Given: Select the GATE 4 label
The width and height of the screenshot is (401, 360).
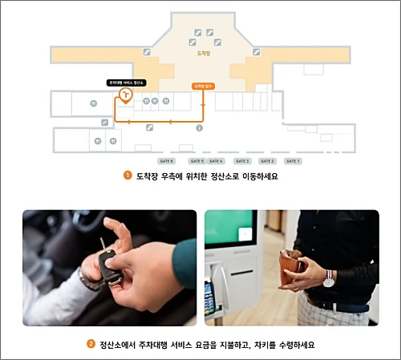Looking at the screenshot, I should click(x=216, y=161).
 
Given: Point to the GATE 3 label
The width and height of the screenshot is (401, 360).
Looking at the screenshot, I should click(x=243, y=161).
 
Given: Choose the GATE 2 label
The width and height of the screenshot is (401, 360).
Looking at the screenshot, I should click(x=268, y=161).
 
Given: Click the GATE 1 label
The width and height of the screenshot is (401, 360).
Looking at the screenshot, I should click(x=294, y=161).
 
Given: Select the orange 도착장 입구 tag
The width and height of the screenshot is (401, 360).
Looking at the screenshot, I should click(x=204, y=85).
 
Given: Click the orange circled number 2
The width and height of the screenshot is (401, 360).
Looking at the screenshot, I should click(x=91, y=345).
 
